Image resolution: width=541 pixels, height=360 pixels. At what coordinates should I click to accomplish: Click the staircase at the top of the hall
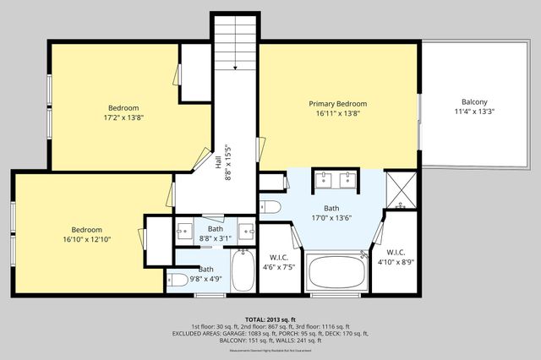tap(234, 44)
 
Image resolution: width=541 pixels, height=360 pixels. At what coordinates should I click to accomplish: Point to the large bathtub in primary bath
tap(336, 273)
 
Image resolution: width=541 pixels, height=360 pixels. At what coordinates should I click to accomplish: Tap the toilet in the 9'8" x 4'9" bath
tap(178, 281)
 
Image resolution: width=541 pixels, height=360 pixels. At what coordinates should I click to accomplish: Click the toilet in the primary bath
tap(270, 206)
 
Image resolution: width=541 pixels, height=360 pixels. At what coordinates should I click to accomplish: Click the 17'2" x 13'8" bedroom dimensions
tap(123, 118)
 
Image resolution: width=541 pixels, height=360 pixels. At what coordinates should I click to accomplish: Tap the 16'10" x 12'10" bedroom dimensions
tap(86, 240)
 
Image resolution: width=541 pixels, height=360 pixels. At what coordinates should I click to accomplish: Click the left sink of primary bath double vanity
tap(324, 180)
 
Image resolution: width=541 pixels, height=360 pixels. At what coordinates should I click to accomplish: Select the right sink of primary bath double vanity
tap(346, 180)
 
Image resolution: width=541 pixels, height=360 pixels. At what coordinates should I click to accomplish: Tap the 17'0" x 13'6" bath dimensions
tap(331, 218)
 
